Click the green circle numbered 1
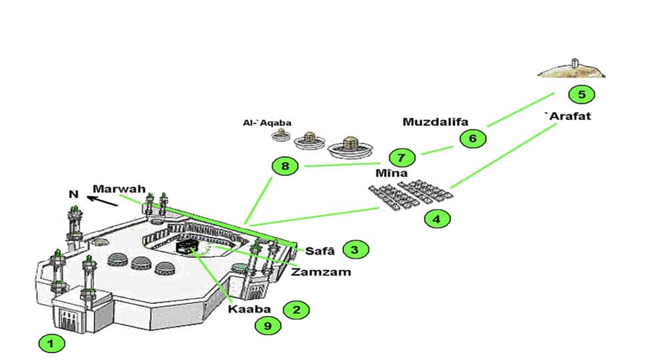point(51,344)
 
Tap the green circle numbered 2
point(296,309)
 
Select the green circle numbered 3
point(356,250)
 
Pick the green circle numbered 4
point(436,218)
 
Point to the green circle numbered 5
point(582,94)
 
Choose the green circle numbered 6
point(473,139)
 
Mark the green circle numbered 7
point(401,158)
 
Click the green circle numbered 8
point(285,166)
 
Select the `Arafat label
point(568,116)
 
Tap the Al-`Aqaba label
point(265,123)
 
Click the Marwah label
point(119,188)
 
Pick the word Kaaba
point(249,309)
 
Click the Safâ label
point(318,251)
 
